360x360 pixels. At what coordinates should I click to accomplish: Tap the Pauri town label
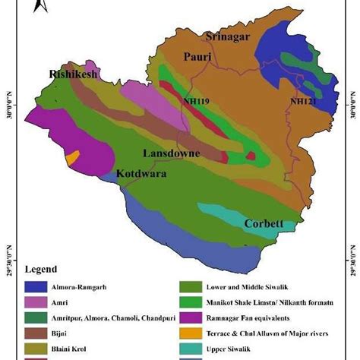[x=199, y=57]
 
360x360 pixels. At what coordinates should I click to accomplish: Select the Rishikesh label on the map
[x=74, y=74]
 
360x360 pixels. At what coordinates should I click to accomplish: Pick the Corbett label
[x=264, y=224]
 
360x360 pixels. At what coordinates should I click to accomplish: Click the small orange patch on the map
[x=72, y=158]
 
